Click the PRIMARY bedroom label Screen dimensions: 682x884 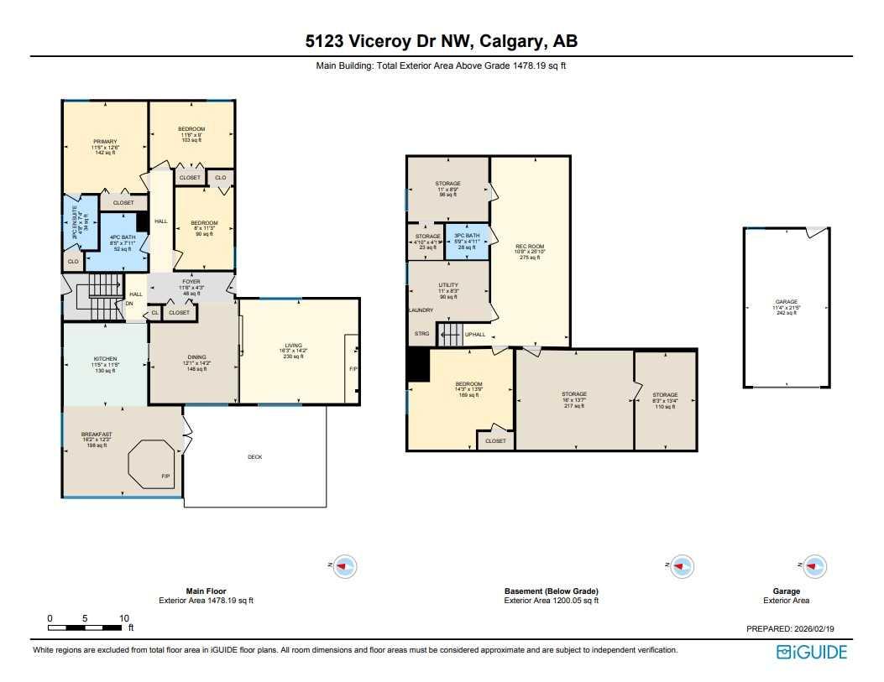(x=105, y=142)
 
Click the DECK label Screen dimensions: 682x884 (x=255, y=457)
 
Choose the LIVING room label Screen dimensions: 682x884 (x=293, y=345)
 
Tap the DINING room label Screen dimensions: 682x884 (x=195, y=357)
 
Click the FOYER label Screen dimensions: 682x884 (x=190, y=282)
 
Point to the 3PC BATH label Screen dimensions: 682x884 (x=467, y=236)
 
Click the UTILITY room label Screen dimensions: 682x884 (x=448, y=285)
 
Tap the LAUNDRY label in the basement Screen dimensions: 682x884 (x=421, y=310)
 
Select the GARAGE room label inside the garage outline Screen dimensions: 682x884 (x=786, y=302)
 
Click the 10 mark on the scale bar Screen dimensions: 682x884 (x=124, y=618)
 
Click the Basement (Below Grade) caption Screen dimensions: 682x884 (x=550, y=591)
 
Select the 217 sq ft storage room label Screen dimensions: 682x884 (x=574, y=394)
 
